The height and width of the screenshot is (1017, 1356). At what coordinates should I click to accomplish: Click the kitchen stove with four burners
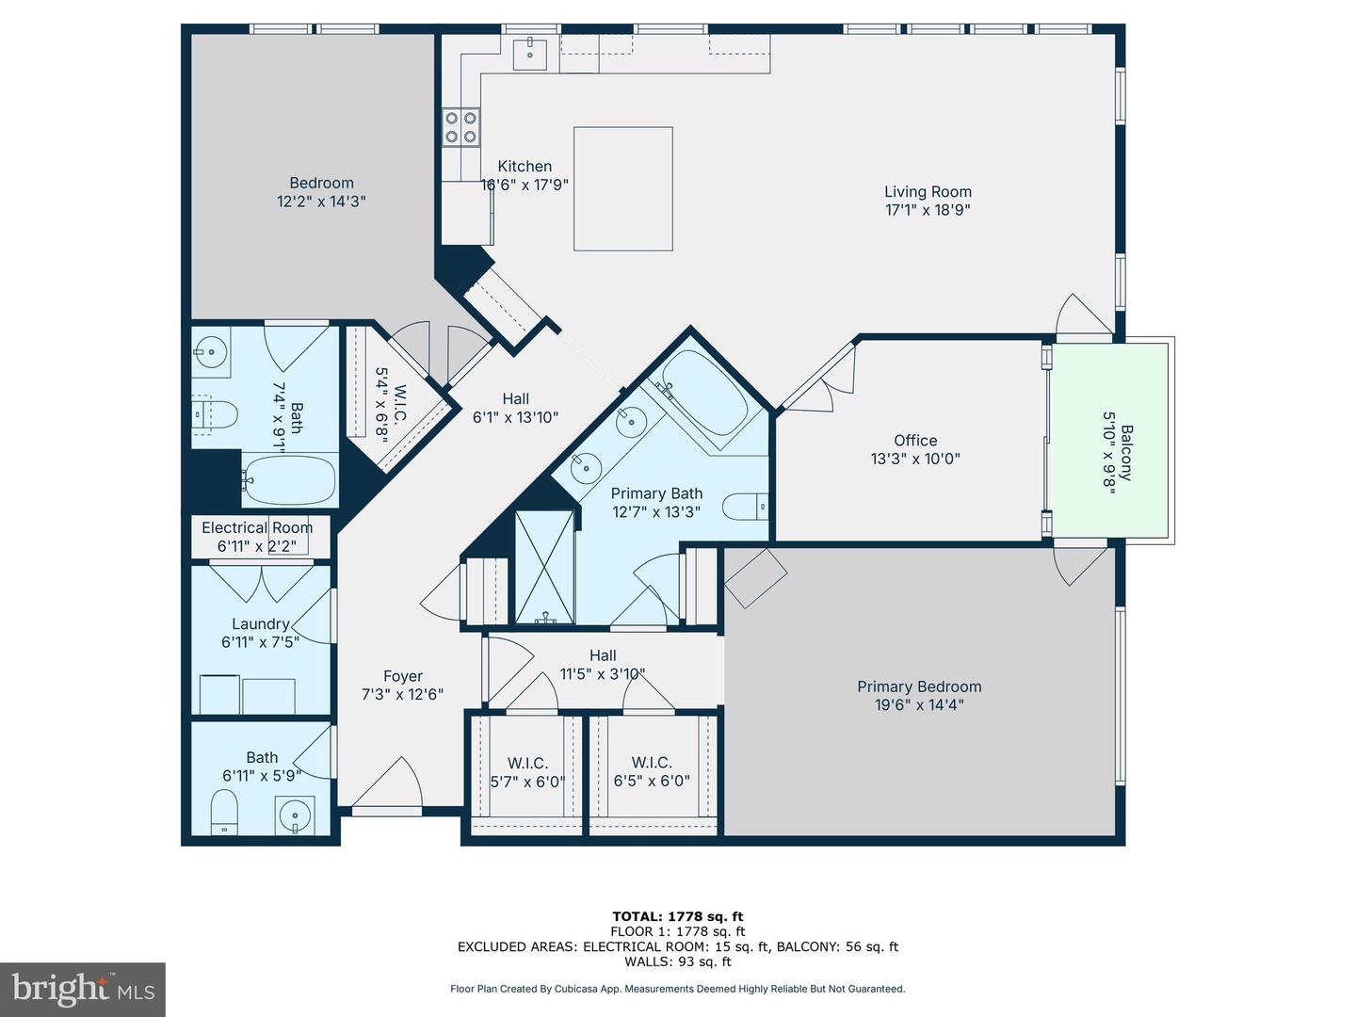click(461, 127)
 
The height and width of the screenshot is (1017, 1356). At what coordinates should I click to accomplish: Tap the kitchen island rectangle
click(622, 188)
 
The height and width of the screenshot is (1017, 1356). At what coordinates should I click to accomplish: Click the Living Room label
click(928, 192)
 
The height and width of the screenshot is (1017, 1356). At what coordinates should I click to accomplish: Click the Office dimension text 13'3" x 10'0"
click(915, 460)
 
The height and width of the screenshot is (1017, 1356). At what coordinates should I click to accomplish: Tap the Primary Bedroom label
click(919, 686)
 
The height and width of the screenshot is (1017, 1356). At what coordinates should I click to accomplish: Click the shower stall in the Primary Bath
click(544, 566)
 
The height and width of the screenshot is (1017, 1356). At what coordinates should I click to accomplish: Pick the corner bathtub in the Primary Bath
click(703, 396)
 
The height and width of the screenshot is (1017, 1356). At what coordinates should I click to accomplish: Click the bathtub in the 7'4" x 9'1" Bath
click(290, 479)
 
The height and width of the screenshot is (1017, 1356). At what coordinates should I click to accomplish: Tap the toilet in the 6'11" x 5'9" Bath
click(224, 812)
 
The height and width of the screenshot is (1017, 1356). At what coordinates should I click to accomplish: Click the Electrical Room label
click(257, 527)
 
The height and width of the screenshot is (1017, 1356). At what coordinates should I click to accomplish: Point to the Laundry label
click(260, 623)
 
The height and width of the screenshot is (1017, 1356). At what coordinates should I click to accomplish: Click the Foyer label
click(402, 676)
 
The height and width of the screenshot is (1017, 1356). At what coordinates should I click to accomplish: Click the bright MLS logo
click(82, 989)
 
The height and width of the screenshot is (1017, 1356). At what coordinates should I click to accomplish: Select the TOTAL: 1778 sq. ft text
click(678, 916)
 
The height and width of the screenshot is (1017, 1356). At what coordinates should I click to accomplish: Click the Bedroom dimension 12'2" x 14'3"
click(321, 202)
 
